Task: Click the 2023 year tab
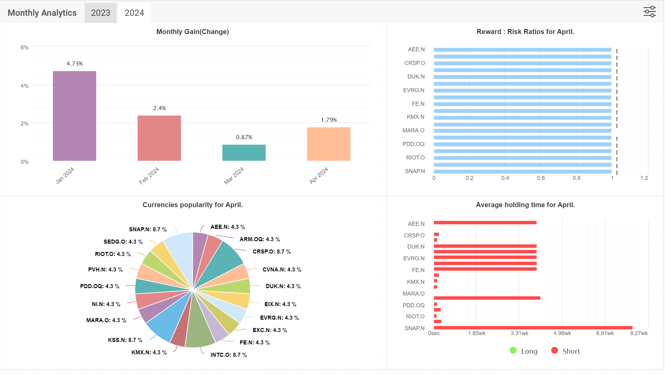[x=101, y=13]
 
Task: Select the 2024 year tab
[x=134, y=13]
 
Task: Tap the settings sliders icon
[x=650, y=12]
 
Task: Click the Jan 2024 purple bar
[x=75, y=116]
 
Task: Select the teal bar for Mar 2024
[x=244, y=153]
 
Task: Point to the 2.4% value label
[x=160, y=108]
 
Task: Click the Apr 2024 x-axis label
[x=319, y=176]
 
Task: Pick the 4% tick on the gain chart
[x=24, y=86]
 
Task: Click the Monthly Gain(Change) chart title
[x=193, y=32]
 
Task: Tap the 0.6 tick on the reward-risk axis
[x=541, y=178]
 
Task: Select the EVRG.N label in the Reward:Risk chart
[x=414, y=90]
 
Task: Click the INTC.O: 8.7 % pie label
[x=229, y=355]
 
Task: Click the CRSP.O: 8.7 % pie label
[x=272, y=252]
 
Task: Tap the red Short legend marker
[x=555, y=350]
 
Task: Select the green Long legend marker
[x=513, y=350]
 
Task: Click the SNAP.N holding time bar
[x=533, y=328]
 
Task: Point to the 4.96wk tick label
[x=562, y=333]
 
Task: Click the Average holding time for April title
[x=525, y=205]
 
